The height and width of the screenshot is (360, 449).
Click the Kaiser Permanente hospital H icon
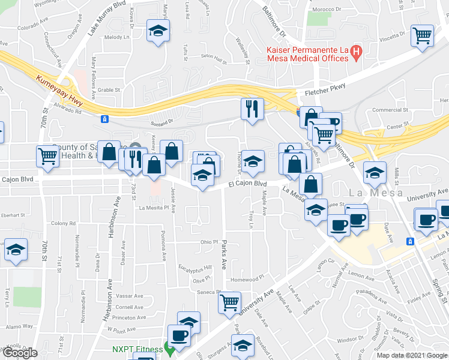click(357, 52)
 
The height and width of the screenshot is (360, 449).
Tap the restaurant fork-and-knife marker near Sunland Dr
click(252, 109)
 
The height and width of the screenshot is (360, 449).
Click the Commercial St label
click(390, 110)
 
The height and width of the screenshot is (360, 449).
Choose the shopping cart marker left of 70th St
click(47, 156)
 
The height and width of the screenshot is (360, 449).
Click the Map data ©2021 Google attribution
click(411, 355)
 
